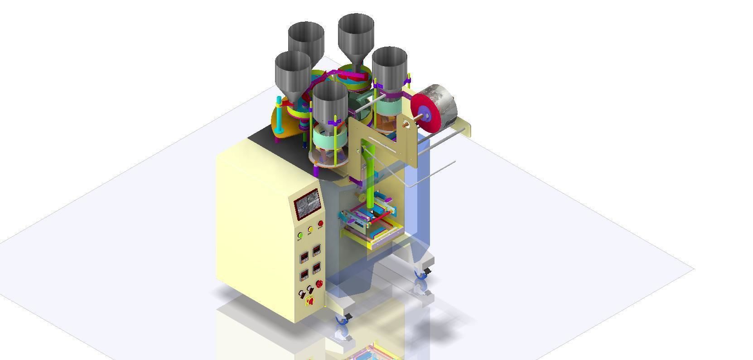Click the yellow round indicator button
tap(310, 230)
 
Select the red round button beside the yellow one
tap(320, 224)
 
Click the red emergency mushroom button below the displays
tap(319, 284)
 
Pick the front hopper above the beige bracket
tap(330, 102)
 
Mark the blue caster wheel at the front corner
tap(343, 320)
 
